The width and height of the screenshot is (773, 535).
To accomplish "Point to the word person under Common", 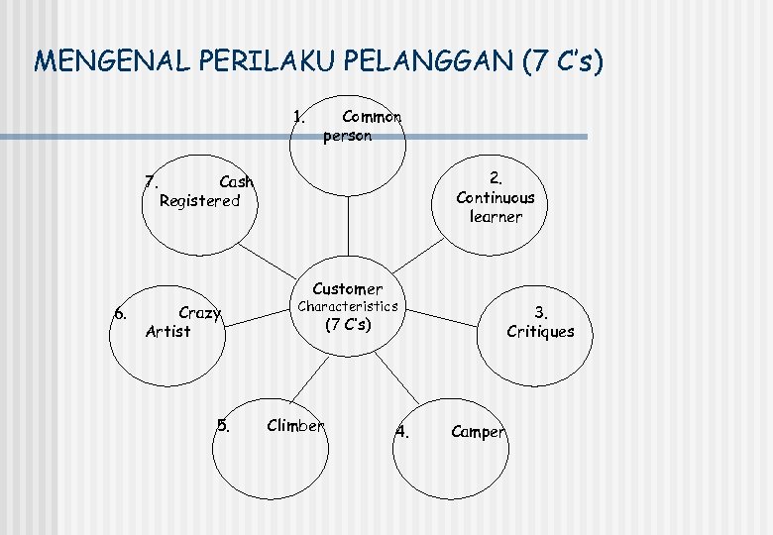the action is tap(347, 136).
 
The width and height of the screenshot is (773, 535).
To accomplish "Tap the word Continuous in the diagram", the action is tap(495, 197).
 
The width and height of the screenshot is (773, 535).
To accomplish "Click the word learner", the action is tap(495, 216).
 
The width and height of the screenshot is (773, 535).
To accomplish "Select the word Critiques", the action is tap(540, 331).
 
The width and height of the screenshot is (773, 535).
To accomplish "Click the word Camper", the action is tap(478, 431).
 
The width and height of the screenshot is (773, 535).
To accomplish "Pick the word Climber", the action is tap(295, 426).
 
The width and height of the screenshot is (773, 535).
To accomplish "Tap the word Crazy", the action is tap(199, 312).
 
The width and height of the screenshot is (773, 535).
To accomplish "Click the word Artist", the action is tap(167, 331).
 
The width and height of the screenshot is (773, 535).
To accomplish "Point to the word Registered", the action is tap(199, 200).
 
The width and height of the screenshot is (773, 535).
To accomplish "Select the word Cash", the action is tap(236, 181).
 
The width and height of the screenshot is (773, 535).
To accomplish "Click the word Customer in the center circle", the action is tap(347, 288).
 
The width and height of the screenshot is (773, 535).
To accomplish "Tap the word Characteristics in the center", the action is tap(347, 306).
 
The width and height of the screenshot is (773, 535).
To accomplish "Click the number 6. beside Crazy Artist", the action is tap(120, 313).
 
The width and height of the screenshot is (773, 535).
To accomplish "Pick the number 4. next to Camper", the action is tap(401, 431).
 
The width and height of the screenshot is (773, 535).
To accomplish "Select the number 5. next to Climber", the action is tap(223, 427).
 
